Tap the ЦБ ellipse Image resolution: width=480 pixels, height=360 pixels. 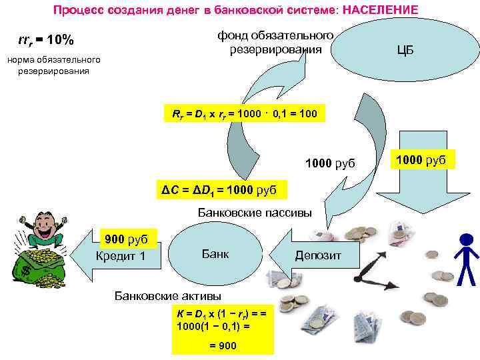[405, 50]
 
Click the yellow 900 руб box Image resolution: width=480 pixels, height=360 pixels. [127, 239]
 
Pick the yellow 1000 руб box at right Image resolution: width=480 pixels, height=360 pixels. [425, 159]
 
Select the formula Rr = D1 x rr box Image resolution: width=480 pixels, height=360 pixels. [245, 114]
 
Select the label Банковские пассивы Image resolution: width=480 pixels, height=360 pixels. [255, 213]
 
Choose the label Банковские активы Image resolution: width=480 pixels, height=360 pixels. [168, 295]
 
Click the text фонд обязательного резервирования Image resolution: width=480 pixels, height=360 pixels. [275, 42]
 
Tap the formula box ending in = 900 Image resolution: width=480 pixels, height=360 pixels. [223, 330]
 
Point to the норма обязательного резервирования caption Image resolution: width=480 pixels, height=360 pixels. [53, 65]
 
